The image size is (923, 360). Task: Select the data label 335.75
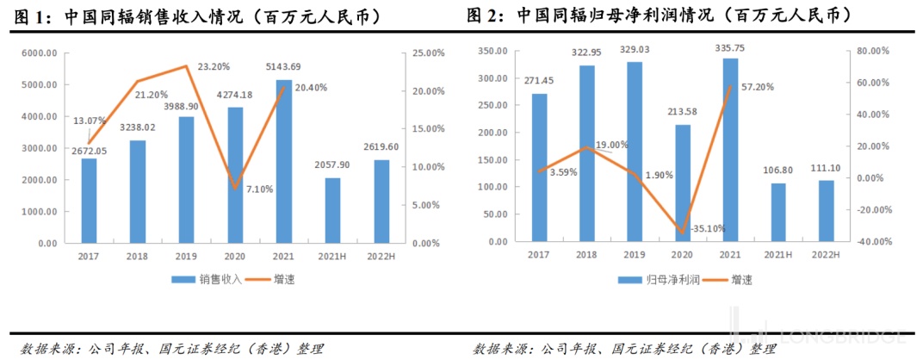coord(730,50)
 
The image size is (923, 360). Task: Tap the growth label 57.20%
coord(756,87)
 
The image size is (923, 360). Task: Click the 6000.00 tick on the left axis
coord(40,53)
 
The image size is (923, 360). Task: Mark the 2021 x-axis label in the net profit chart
coord(730,255)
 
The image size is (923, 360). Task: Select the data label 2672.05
coord(88,151)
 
